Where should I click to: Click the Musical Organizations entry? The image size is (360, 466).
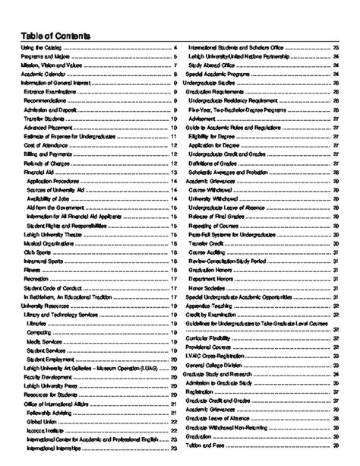tap(47, 241)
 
